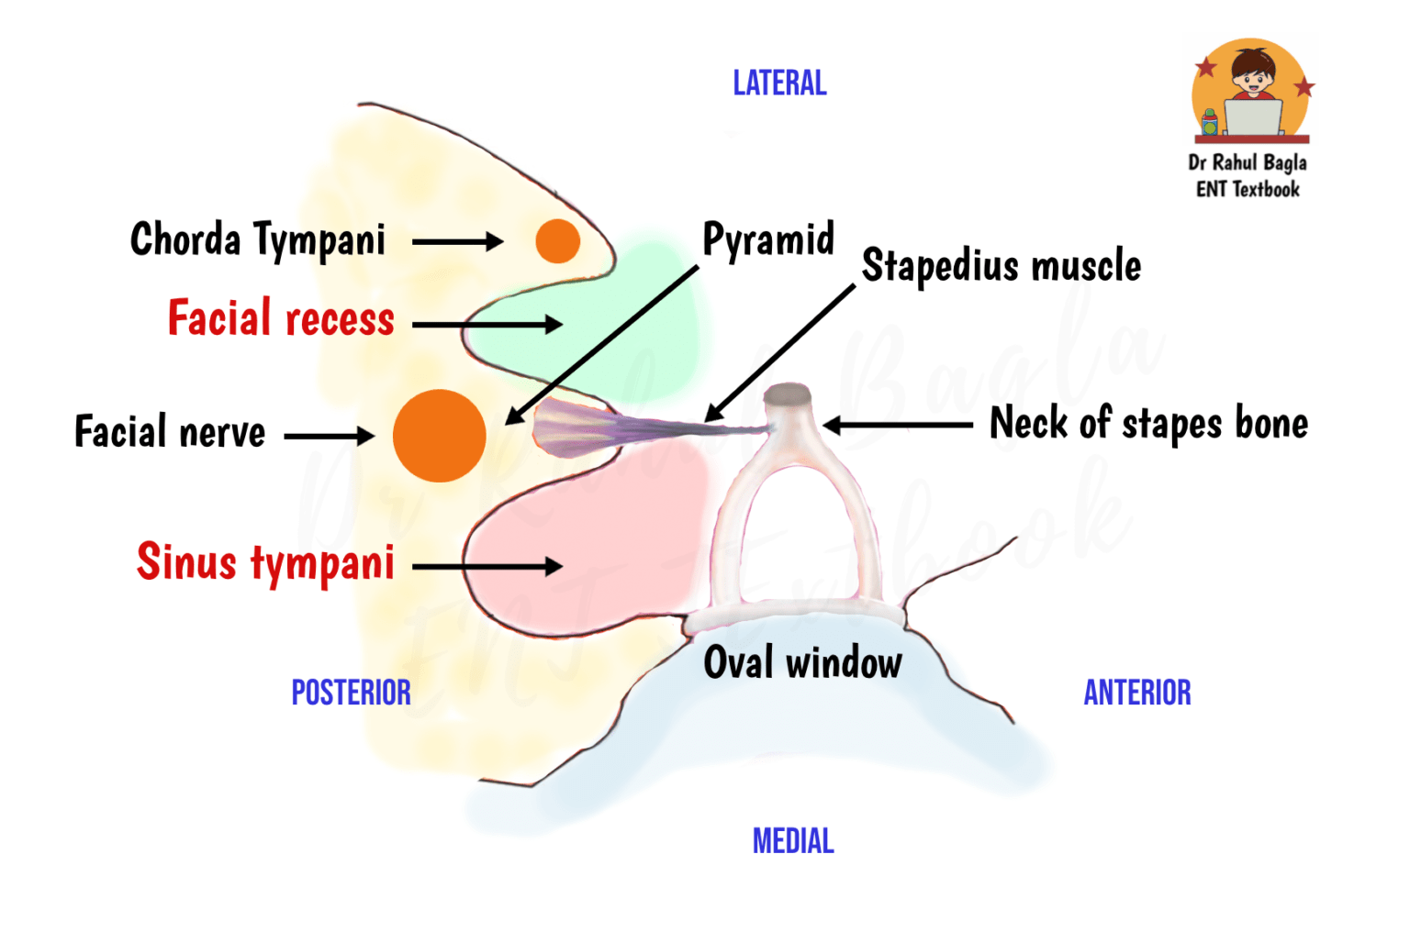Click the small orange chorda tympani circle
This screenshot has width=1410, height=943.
tap(557, 241)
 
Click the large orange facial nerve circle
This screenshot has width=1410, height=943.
tap(439, 436)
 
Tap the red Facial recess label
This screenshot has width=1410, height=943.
tap(281, 319)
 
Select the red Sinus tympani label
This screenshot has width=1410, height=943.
tap(265, 562)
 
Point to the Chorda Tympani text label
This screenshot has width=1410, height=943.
tap(258, 240)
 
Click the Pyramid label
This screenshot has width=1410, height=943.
tap(767, 240)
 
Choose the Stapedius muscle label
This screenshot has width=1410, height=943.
tap(1001, 266)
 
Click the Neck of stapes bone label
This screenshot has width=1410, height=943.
tap(1147, 424)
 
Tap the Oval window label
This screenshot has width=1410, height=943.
tap(802, 662)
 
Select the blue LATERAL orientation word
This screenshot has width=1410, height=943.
tap(779, 83)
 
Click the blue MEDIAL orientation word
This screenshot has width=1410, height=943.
tap(793, 841)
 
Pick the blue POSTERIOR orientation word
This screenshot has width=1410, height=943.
tap(351, 693)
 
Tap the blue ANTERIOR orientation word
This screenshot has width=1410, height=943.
tap(1136, 693)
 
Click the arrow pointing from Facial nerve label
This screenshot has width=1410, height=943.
tap(329, 436)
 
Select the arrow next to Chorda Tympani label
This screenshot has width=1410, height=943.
tap(457, 242)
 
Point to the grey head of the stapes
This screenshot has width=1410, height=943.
tap(789, 395)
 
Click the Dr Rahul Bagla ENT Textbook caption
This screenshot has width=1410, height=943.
tap(1248, 176)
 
